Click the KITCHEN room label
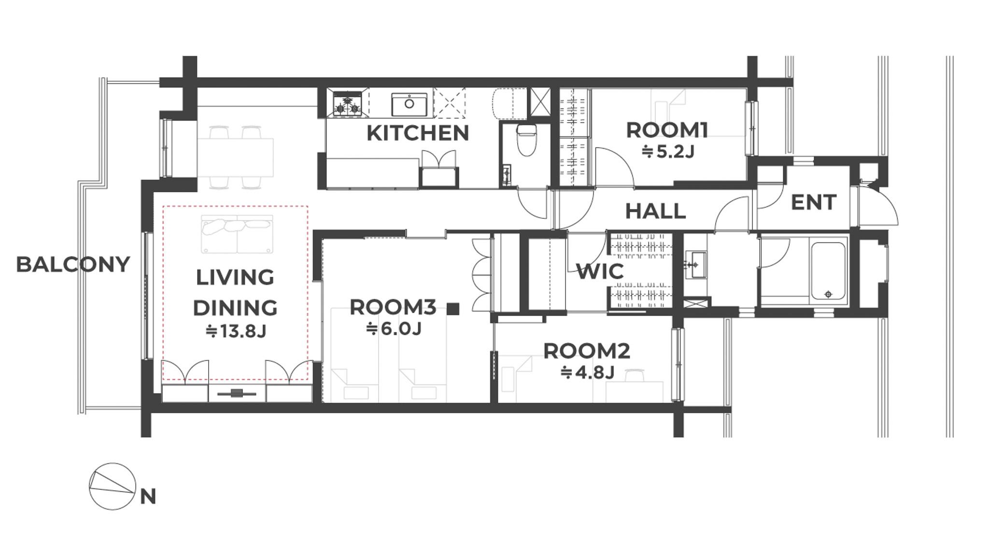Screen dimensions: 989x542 418,133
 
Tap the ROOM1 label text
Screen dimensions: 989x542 667,130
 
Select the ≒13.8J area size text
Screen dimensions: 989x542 236,331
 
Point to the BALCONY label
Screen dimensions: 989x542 73,264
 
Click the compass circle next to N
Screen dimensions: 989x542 113,486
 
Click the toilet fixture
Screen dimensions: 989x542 526,140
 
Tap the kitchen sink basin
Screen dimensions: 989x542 409,104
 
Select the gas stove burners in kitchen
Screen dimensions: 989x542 347,104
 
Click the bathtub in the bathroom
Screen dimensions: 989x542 828,271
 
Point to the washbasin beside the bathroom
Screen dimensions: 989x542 696,264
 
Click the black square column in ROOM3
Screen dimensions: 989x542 452,309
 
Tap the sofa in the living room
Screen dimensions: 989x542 237,234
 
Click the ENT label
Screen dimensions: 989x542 813,202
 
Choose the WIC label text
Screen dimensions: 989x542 600,271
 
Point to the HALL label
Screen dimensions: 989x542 655,211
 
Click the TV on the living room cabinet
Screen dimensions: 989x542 236,393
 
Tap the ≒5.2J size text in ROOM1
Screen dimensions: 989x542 667,152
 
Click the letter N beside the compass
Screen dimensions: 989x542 148,497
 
